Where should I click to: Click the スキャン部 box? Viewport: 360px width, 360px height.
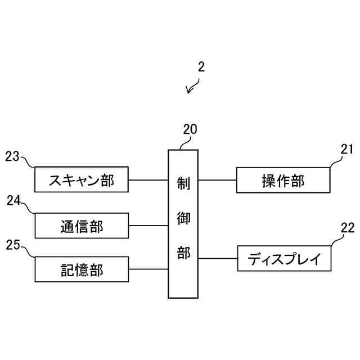[82, 180]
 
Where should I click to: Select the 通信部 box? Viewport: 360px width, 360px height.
[82, 226]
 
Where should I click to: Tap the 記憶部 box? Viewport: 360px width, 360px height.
[82, 269]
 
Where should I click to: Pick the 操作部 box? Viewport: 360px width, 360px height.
[283, 180]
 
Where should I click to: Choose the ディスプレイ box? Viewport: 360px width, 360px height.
[285, 259]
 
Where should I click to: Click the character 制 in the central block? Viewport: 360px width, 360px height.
[183, 183]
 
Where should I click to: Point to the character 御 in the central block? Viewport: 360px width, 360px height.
[183, 218]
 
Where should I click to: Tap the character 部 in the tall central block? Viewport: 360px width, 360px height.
[183, 253]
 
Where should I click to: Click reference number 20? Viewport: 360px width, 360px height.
[190, 129]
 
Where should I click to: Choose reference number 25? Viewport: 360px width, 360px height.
[12, 244]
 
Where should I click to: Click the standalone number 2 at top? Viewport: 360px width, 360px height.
[201, 67]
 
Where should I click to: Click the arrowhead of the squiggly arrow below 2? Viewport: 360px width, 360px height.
[190, 92]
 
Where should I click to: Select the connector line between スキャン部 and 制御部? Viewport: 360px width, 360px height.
[148, 180]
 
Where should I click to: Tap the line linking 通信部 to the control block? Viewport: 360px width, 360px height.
[148, 226]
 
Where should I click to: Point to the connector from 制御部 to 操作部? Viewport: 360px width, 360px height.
[217, 180]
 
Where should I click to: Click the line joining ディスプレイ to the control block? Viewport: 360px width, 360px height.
[217, 259]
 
